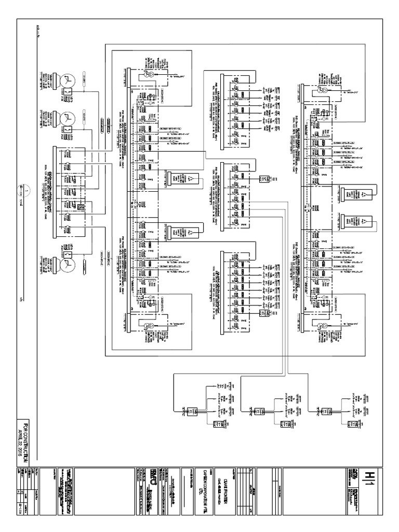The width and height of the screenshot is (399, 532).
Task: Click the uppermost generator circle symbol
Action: point(67,81)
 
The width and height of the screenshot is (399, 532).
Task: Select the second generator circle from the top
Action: point(67,121)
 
